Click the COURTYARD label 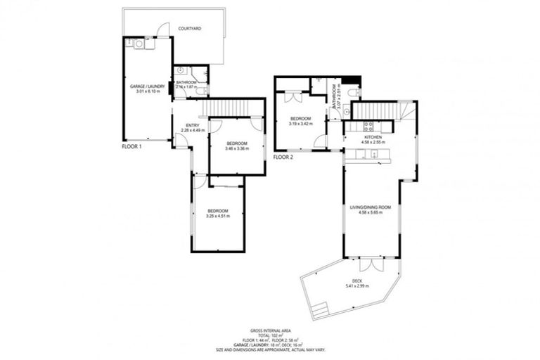point(190,29)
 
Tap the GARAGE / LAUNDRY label point(146,86)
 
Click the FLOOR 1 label point(132,146)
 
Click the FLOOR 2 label point(283,157)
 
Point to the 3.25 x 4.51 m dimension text point(218,217)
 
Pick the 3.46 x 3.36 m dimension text point(236,148)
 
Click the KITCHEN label point(371,136)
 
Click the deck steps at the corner point(320,307)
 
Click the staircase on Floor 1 point(226,108)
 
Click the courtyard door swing point(163,30)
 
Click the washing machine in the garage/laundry point(139,44)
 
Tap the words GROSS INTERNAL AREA point(269,330)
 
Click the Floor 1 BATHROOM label point(186,82)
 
